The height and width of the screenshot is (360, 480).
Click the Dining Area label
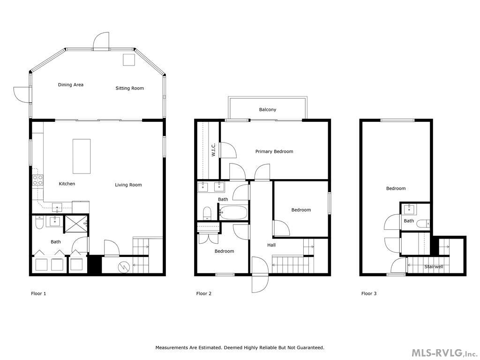point(71,85)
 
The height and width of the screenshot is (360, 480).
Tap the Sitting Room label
point(129,88)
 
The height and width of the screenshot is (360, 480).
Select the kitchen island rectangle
point(81,156)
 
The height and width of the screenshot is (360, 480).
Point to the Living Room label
point(128,185)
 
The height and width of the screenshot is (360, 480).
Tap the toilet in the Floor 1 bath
point(39,224)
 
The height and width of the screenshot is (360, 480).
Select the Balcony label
point(268,110)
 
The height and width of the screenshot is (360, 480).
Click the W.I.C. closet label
point(213,150)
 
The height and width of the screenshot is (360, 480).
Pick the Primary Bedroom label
point(274,151)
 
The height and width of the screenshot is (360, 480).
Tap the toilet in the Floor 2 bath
point(207,214)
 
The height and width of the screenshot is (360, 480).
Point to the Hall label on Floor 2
point(271,245)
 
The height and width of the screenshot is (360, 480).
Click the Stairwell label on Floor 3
point(434,267)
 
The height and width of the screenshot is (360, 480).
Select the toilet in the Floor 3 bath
point(423,224)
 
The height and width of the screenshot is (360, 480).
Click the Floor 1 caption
point(38,293)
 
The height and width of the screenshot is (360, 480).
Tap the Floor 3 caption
point(369,293)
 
